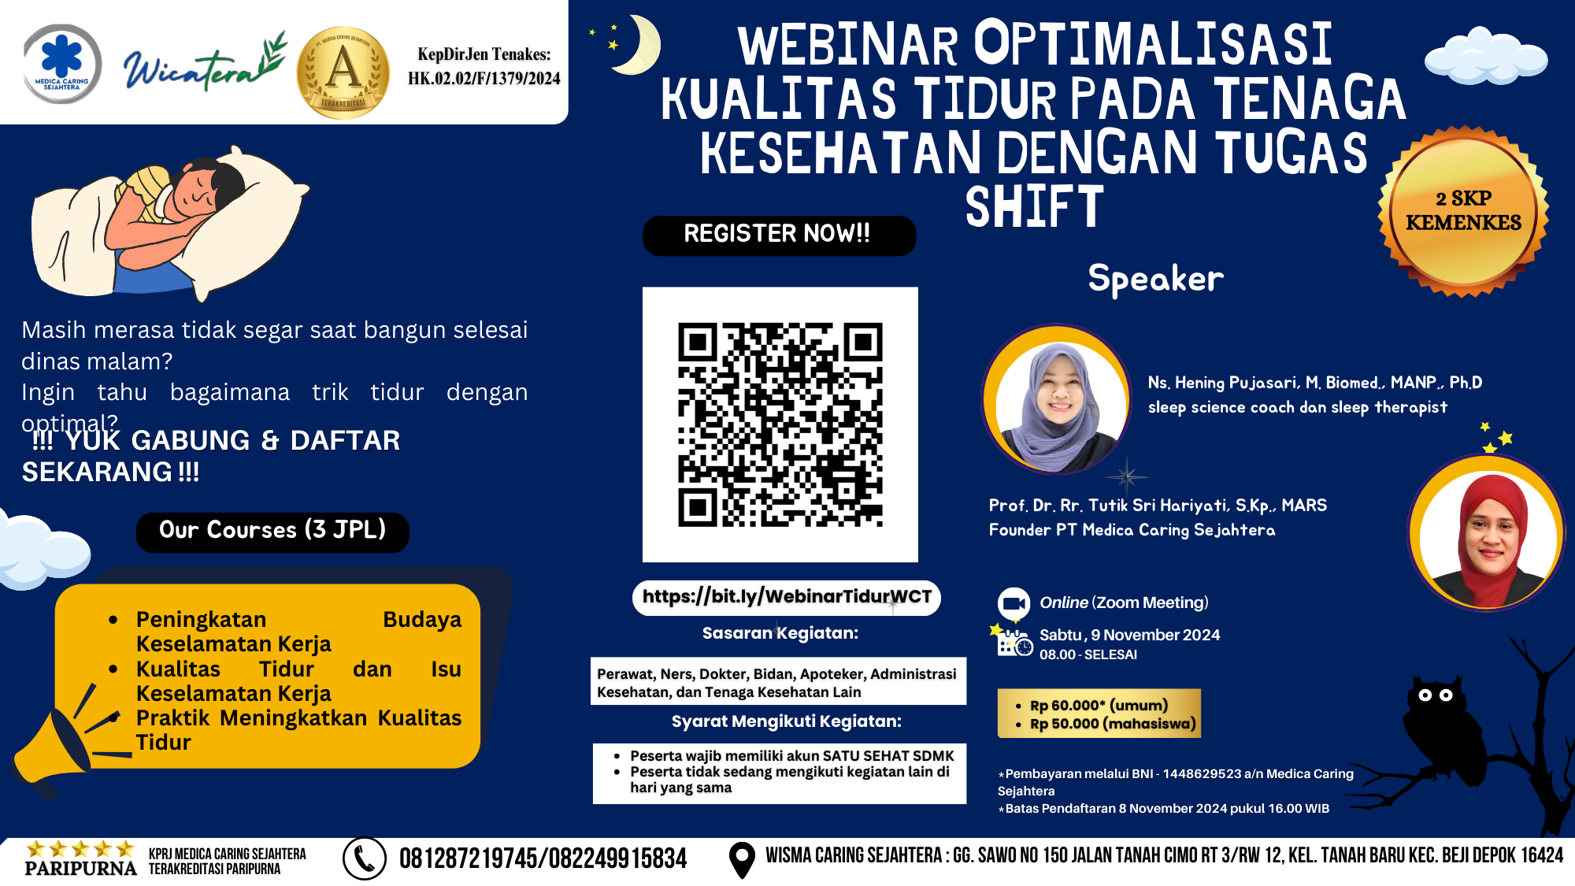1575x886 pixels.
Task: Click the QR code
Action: coord(780,424)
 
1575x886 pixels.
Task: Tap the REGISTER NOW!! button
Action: coord(779,235)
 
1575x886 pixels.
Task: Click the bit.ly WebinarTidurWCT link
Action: coord(787,597)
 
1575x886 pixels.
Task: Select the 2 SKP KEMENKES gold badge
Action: coord(1463,211)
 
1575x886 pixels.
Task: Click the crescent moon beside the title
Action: coord(638,45)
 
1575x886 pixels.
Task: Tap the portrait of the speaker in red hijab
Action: coord(1487,533)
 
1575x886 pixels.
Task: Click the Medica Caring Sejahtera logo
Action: coord(62,64)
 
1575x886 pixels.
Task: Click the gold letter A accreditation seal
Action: coord(343,72)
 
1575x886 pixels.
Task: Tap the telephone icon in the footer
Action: coord(365,858)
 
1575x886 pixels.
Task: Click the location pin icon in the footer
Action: coord(742,860)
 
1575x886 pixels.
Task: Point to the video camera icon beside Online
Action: coord(1014,603)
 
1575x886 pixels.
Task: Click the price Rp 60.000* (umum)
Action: coord(1099,706)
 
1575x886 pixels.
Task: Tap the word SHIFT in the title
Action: coord(1034,208)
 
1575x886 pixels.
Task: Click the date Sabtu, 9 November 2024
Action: coord(1129,635)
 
